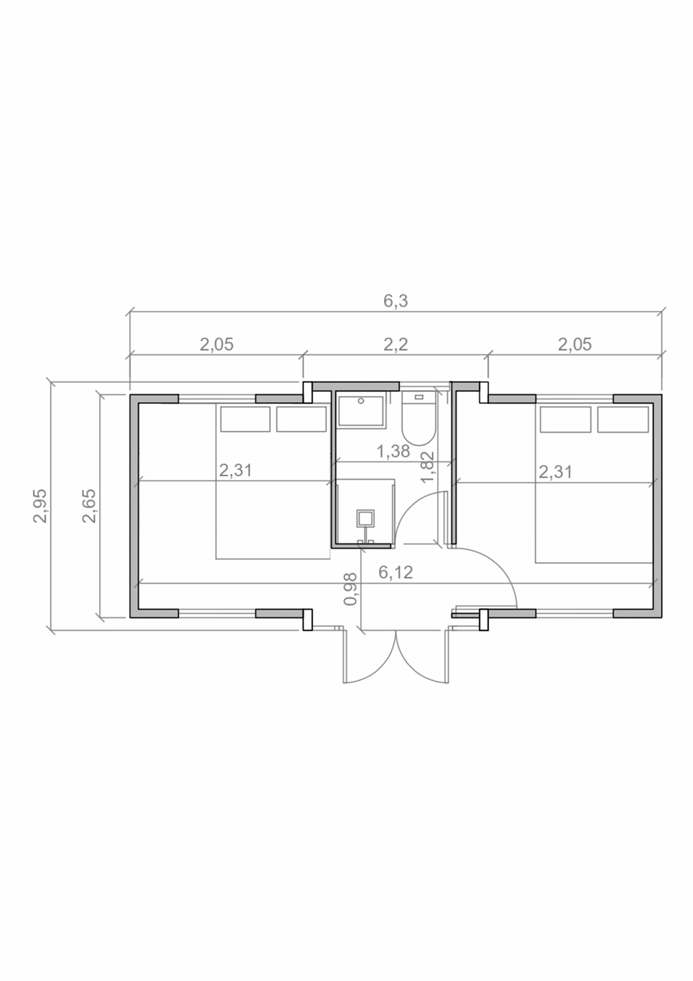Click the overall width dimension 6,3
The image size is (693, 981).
pos(395,301)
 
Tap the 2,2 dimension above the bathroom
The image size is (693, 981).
pos(395,344)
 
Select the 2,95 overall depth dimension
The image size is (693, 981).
pos(40,506)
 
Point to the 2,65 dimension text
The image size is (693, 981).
pos(89,506)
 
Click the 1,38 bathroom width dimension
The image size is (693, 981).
pos(393,451)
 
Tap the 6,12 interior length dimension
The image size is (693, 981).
pos(396,573)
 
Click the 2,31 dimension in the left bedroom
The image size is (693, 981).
pos(236,471)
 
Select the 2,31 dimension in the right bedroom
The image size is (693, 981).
pos(555,472)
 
